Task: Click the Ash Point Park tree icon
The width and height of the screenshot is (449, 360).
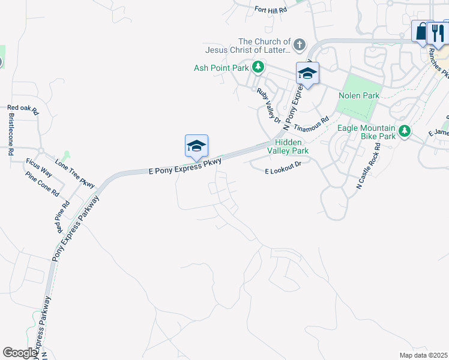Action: (258, 67)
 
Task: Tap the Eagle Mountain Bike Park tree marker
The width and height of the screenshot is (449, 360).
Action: (405, 130)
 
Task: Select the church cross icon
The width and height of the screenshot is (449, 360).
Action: (298, 44)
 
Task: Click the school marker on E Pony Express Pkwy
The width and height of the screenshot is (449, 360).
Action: (196, 146)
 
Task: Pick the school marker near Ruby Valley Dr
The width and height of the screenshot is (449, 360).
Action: (307, 74)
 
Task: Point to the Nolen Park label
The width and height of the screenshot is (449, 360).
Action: (359, 95)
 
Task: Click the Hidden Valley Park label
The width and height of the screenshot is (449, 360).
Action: (292, 146)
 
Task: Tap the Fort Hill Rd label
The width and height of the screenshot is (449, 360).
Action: (271, 10)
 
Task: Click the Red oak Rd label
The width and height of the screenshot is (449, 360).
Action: (23, 110)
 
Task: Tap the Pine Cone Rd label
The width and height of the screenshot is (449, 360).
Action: (43, 184)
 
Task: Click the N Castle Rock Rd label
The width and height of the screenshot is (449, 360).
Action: (369, 166)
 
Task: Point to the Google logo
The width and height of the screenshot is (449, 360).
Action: (20, 353)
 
